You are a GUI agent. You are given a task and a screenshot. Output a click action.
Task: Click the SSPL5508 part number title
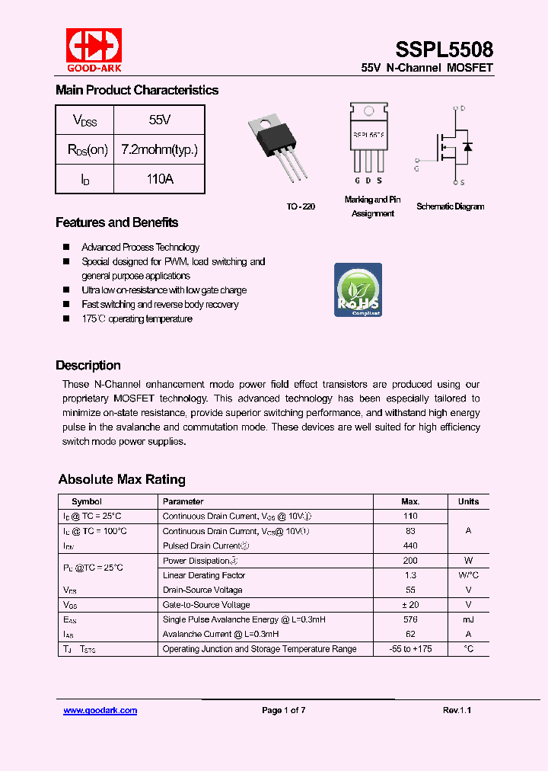(444, 50)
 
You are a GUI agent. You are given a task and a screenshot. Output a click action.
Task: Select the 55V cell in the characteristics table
(159, 120)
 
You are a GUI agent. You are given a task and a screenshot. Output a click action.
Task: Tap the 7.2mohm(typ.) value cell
(159, 149)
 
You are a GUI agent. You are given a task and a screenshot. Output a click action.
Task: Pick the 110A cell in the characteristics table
(159, 179)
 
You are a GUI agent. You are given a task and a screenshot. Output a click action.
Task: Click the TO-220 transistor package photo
(279, 148)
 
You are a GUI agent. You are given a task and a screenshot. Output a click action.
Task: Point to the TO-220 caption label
(301, 206)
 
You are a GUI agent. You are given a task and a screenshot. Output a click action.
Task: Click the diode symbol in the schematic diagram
(467, 146)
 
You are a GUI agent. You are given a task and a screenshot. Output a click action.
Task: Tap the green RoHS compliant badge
(358, 290)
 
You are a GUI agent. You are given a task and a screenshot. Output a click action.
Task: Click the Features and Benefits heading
(116, 222)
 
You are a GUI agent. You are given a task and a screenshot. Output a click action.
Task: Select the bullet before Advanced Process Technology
(66, 247)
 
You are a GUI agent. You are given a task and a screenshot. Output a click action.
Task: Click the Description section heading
(88, 365)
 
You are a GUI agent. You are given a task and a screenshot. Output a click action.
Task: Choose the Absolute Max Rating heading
(122, 479)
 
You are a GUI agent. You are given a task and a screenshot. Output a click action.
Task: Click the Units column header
(468, 501)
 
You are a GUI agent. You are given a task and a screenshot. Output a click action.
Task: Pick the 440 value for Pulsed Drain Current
(410, 545)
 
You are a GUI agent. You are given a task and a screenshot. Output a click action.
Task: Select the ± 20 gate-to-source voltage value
(410, 604)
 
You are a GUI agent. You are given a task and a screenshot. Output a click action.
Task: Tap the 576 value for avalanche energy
(410, 619)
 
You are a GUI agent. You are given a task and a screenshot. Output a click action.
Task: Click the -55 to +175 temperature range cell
(410, 649)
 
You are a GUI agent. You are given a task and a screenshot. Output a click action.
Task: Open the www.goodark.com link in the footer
(100, 710)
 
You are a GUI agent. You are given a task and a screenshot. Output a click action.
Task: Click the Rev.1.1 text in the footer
(457, 710)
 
